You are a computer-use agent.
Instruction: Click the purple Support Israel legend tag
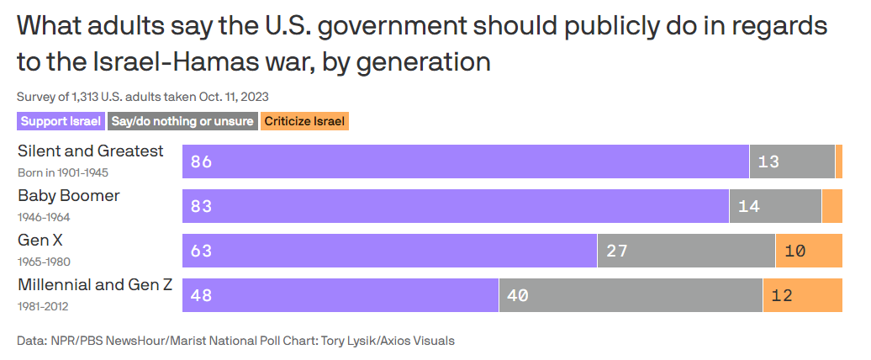click(61, 121)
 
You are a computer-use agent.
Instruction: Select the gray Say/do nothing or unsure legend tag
click(182, 121)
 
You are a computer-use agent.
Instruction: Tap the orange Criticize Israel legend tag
click(304, 121)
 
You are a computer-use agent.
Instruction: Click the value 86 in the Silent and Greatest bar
click(201, 161)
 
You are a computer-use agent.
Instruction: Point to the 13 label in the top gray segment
click(768, 161)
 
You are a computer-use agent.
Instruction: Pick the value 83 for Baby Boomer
click(201, 206)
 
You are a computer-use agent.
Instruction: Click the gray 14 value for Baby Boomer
click(749, 206)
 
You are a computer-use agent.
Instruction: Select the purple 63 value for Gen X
click(201, 251)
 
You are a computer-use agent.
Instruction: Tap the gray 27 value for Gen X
click(617, 251)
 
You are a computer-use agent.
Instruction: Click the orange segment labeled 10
click(809, 251)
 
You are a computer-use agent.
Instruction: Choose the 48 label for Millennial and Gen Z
click(201, 295)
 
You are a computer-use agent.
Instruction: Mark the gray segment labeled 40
click(631, 295)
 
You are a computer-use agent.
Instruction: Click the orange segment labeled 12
click(803, 295)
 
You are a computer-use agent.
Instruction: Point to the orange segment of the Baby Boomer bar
click(831, 206)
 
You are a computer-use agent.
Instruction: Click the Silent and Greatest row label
click(91, 151)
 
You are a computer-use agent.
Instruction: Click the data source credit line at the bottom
click(235, 341)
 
